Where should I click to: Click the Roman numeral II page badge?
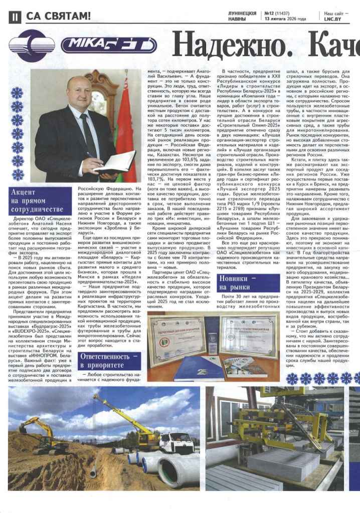coord(15,16)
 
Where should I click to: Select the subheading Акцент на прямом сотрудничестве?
coord(42,200)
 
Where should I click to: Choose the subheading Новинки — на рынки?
coord(240,282)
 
